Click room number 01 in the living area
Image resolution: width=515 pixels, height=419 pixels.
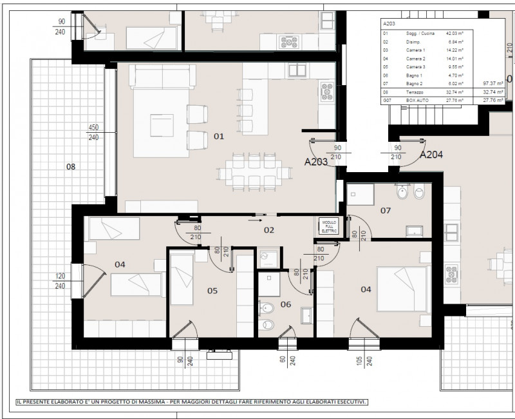point(219,136)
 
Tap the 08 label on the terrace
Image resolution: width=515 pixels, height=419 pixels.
point(71,167)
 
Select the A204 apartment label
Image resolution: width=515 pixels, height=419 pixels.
point(431,155)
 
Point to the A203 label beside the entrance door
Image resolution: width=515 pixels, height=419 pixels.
point(316,162)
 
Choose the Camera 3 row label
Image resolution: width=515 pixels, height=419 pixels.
point(415,66)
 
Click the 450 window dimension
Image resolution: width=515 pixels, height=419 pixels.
point(94,128)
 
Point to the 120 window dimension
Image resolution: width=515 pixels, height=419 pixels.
point(60,277)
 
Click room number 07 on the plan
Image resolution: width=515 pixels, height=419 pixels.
point(386,211)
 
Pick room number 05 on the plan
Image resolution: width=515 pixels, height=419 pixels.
point(212,291)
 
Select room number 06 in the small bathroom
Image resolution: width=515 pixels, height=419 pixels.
point(285,305)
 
